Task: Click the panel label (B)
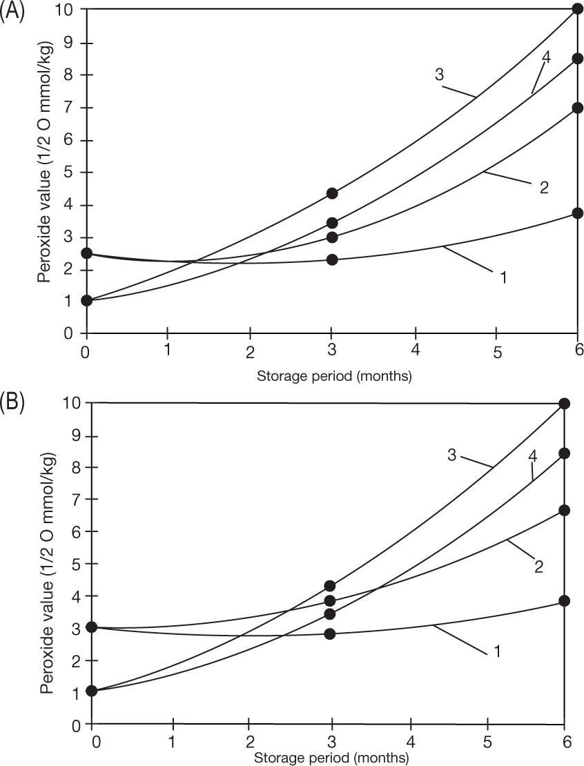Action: pyautogui.click(x=12, y=403)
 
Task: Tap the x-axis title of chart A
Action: pyautogui.click(x=333, y=376)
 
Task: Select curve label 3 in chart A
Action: pyautogui.click(x=439, y=74)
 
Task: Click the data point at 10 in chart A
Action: pyautogui.click(x=578, y=9)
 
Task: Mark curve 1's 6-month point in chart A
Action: pyautogui.click(x=578, y=213)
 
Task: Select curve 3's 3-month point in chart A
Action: pyautogui.click(x=332, y=193)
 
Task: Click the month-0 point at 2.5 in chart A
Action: pyautogui.click(x=86, y=253)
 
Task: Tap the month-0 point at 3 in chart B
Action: pyautogui.click(x=92, y=627)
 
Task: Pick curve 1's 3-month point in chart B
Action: pyautogui.click(x=330, y=634)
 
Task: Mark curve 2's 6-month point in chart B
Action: pyautogui.click(x=565, y=510)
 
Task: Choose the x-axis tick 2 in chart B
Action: pyautogui.click(x=249, y=743)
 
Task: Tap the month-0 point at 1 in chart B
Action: pyautogui.click(x=92, y=691)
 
